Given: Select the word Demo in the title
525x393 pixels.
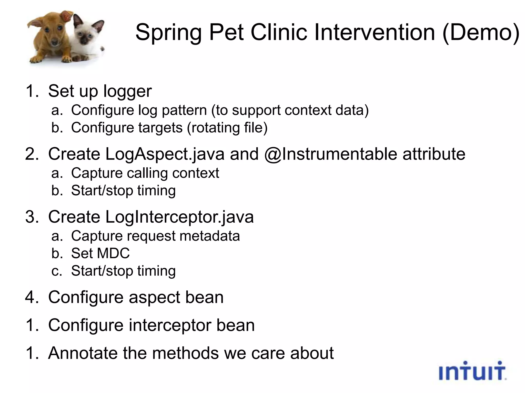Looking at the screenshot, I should click(481, 32).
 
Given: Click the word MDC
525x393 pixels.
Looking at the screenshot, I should click(113, 253).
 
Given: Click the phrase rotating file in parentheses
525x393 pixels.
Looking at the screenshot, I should click(227, 128).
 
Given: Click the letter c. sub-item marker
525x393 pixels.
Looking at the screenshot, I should click(57, 271).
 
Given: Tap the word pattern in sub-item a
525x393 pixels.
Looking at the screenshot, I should click(184, 110).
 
